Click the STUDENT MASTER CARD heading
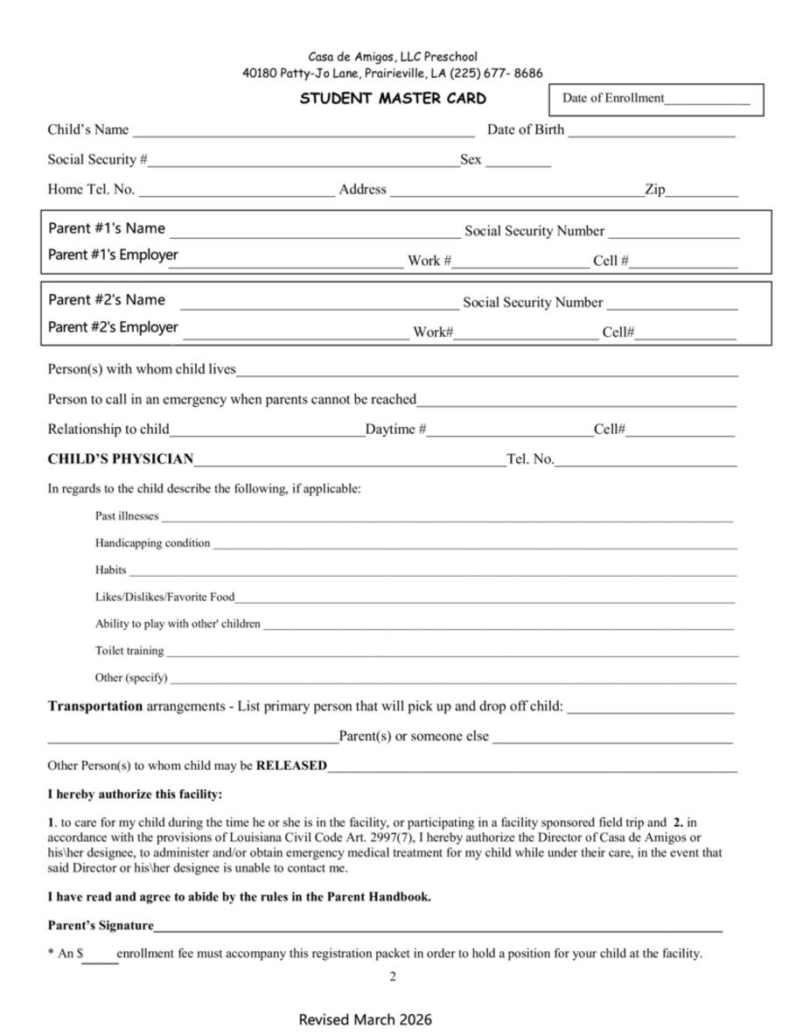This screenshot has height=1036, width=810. click(393, 99)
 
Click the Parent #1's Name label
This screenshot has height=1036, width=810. click(107, 228)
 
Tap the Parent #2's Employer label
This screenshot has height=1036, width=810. click(113, 327)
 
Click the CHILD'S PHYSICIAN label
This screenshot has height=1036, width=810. click(121, 459)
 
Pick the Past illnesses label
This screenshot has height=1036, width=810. click(127, 516)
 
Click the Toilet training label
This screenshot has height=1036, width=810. click(129, 651)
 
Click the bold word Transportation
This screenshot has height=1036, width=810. click(95, 706)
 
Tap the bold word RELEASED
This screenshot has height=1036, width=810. click(291, 766)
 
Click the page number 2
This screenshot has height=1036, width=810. click(393, 977)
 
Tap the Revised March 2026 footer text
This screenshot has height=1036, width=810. click(366, 1020)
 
